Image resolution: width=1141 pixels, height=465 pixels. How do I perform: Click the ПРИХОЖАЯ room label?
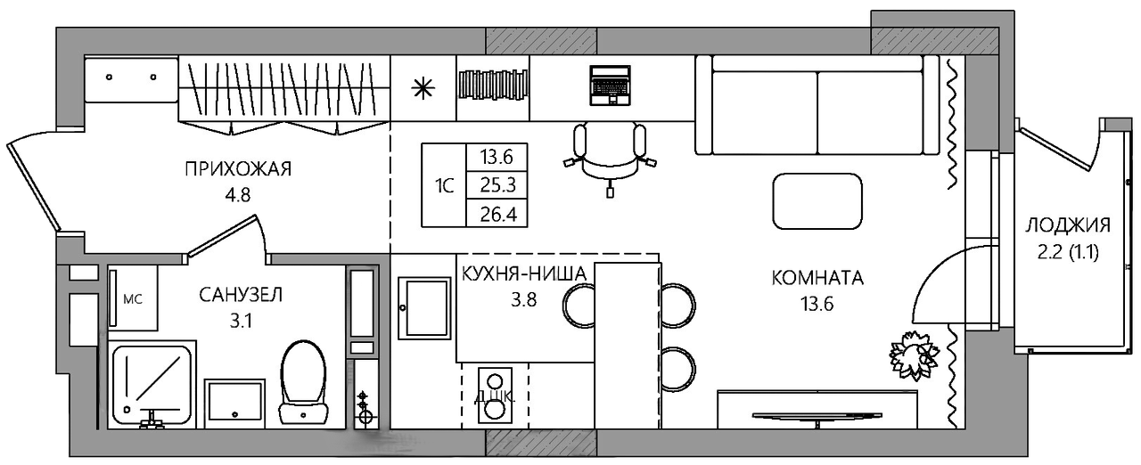(x=238, y=168)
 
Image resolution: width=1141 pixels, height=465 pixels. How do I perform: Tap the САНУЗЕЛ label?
(x=241, y=295)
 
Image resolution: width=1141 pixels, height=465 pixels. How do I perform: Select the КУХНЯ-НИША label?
(x=524, y=274)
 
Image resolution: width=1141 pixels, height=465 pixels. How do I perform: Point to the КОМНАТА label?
(x=817, y=278)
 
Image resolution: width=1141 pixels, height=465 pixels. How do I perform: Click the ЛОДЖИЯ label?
(x=1068, y=224)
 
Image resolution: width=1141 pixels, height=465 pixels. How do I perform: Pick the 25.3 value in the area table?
(x=497, y=185)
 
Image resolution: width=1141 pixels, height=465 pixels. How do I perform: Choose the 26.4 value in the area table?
(x=497, y=214)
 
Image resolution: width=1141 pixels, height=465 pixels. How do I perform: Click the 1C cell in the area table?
(x=444, y=186)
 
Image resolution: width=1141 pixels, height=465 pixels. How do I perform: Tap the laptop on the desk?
(x=610, y=86)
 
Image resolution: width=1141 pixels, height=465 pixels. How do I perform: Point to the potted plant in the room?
(x=914, y=355)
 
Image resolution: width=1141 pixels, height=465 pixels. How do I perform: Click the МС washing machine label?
(x=133, y=299)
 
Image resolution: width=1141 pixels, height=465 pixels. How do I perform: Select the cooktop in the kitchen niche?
(x=495, y=395)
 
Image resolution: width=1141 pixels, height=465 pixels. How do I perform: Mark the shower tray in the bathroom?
(x=152, y=384)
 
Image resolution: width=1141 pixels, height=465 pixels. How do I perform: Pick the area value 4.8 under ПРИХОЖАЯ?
(x=238, y=195)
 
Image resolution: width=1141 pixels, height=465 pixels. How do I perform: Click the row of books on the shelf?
(x=493, y=84)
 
